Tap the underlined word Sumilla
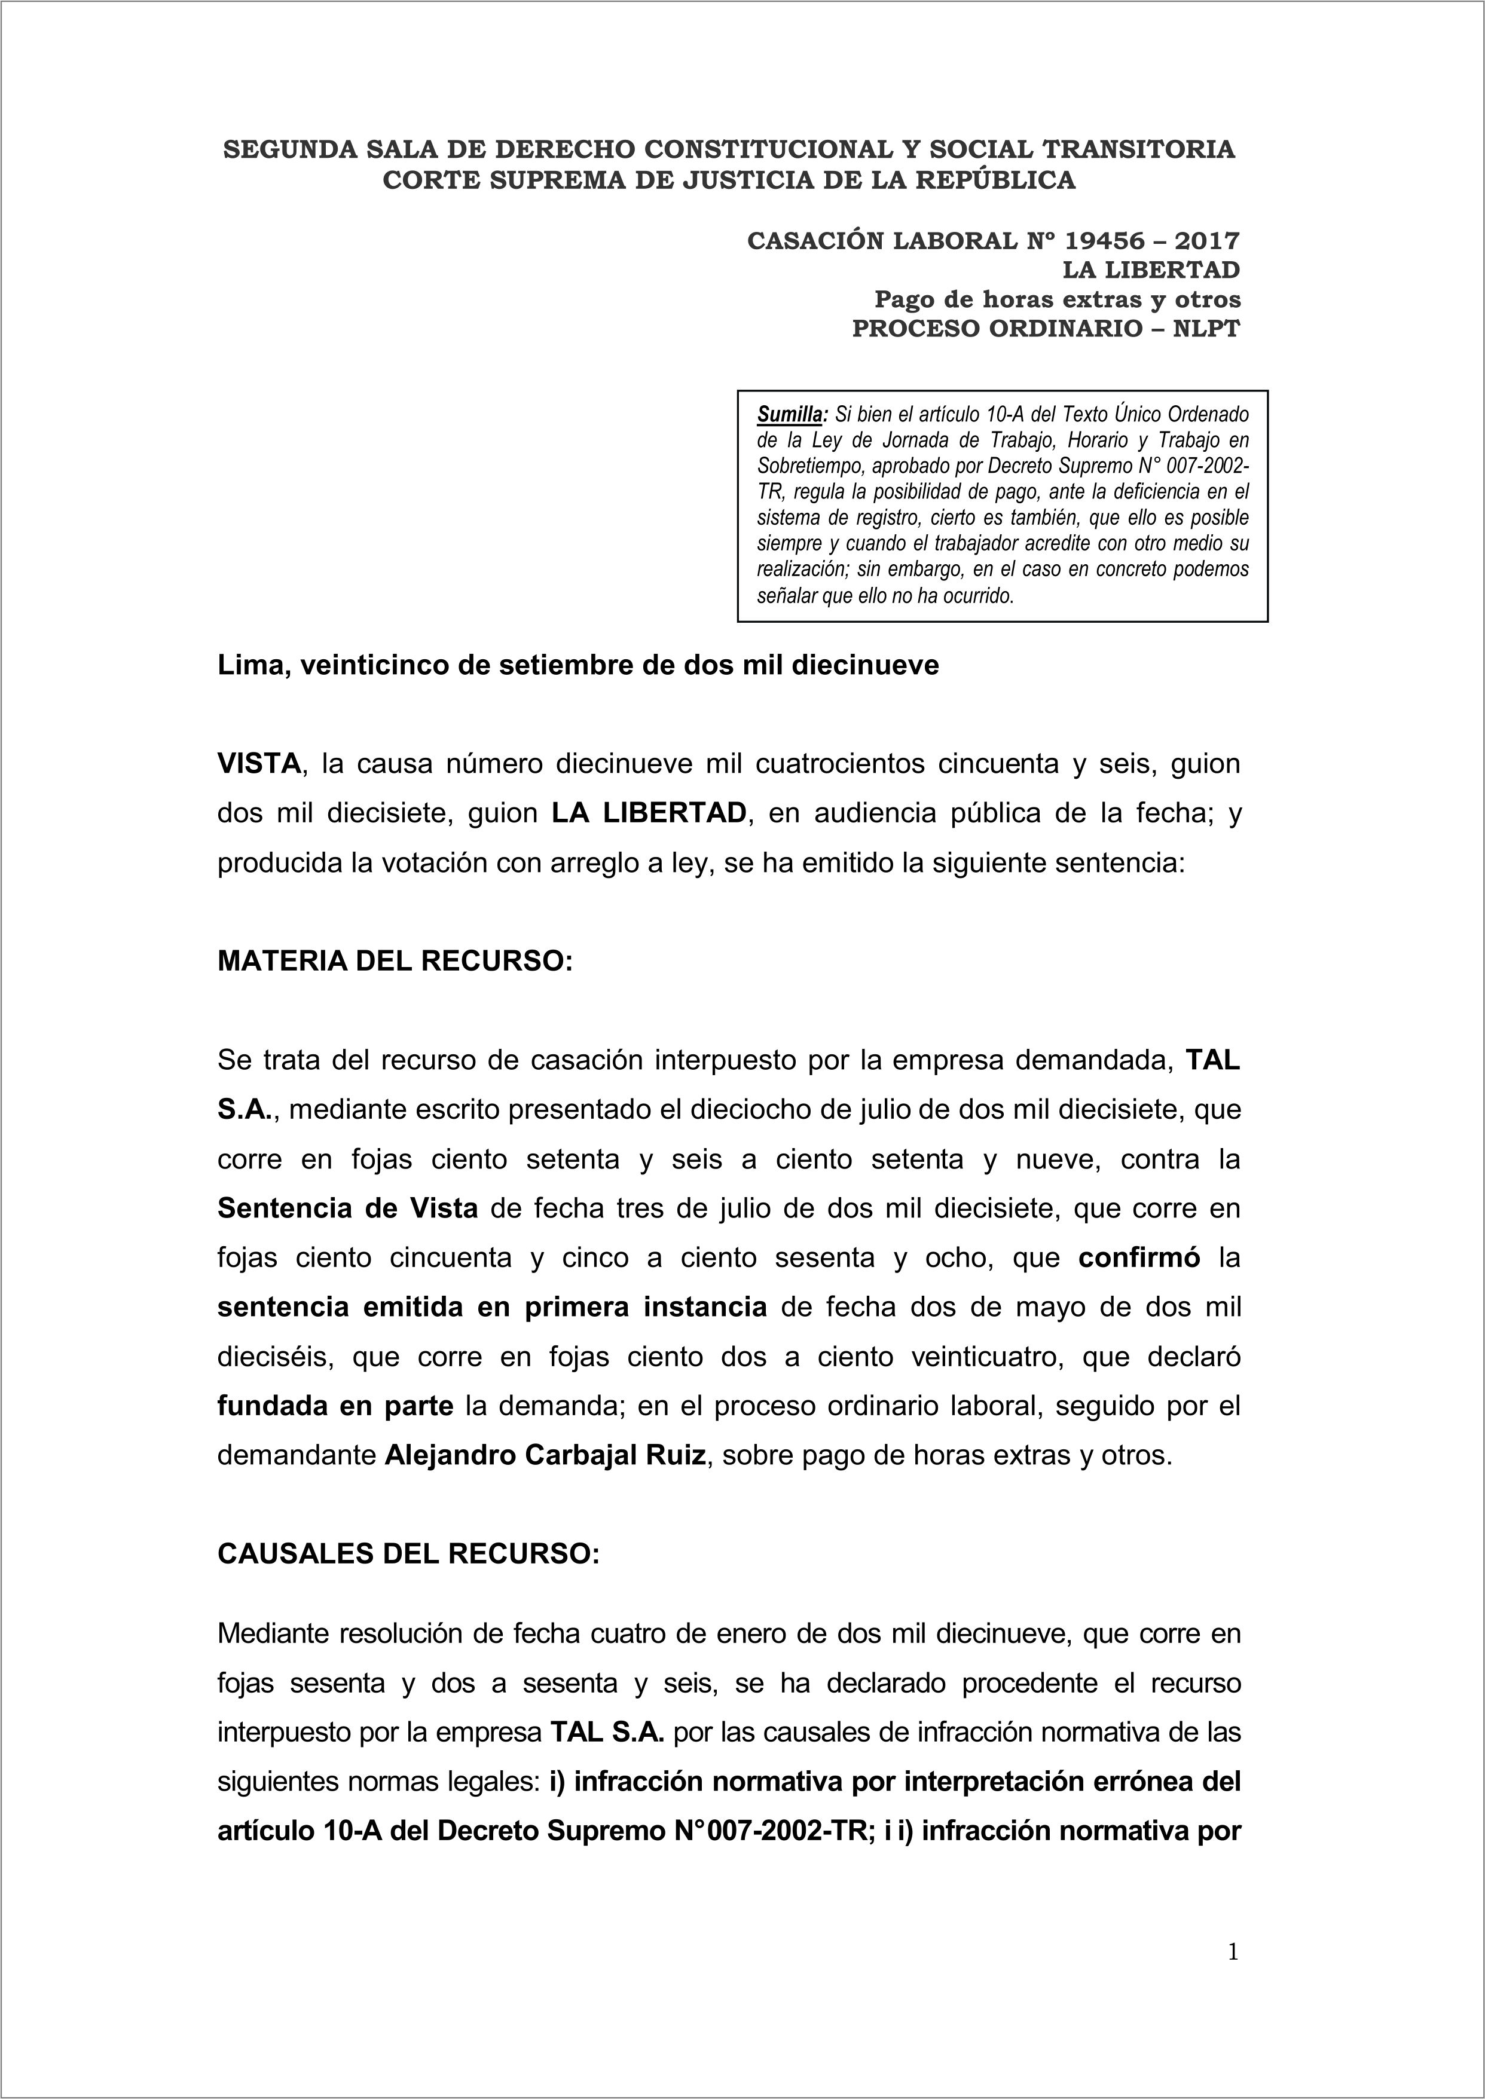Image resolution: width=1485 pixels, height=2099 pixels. point(789,414)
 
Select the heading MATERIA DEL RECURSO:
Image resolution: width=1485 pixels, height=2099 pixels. point(394,961)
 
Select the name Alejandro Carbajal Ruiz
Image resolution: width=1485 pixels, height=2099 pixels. point(545,1455)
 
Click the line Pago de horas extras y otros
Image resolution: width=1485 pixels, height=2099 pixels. point(1057,299)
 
